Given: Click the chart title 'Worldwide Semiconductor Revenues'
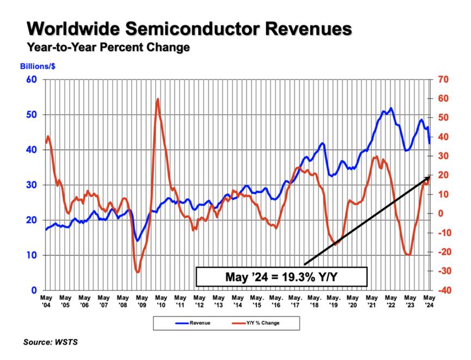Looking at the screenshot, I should click(x=188, y=28).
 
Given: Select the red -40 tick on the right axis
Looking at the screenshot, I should click(x=442, y=290).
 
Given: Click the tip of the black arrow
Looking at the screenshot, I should click(x=431, y=176).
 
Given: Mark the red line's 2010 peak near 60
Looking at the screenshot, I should click(x=157, y=99).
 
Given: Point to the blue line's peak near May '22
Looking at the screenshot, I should click(x=391, y=108).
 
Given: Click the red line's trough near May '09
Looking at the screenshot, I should click(x=138, y=272).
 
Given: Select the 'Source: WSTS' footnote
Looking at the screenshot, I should click(x=50, y=343).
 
